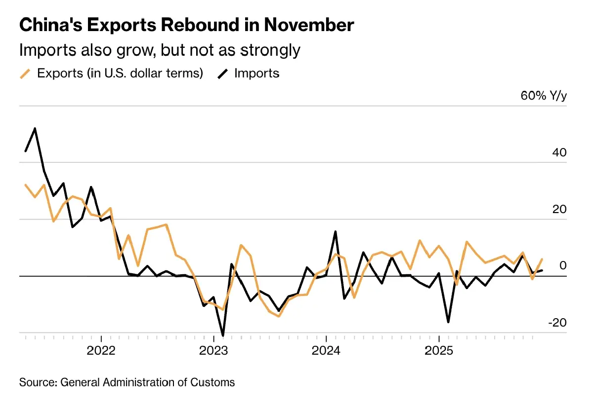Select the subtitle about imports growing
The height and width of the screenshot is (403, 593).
click(x=160, y=50)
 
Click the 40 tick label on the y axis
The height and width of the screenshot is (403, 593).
click(x=559, y=153)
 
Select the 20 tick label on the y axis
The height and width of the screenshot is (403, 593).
click(x=559, y=210)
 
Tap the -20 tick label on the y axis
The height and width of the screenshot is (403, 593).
click(x=557, y=323)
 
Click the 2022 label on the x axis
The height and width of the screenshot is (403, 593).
click(x=101, y=352)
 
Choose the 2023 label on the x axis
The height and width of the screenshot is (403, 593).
click(x=213, y=352)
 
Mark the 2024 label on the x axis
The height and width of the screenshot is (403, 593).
click(x=326, y=352)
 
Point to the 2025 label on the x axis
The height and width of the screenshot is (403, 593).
click(x=439, y=352)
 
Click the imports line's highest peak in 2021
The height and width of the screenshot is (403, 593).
click(x=35, y=129)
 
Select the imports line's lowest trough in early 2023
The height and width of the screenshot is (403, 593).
click(x=223, y=335)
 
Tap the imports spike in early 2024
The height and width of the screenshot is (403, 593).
click(x=336, y=231)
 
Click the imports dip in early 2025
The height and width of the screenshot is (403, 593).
click(x=448, y=322)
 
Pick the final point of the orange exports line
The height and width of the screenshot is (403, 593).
click(x=542, y=259)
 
